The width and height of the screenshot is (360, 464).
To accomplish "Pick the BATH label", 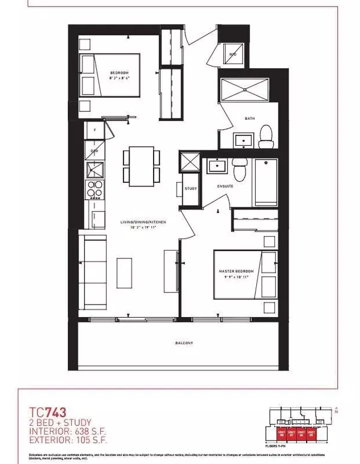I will [x=250, y=118].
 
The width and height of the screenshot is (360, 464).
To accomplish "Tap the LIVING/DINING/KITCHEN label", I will [x=142, y=222].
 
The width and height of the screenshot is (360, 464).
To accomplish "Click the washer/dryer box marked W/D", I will [x=234, y=55].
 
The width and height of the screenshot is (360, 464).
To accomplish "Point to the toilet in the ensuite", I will [x=240, y=170].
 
